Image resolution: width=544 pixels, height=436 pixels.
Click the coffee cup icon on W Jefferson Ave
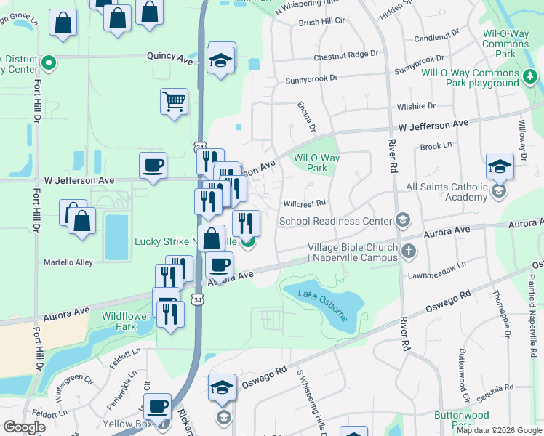point(153,165)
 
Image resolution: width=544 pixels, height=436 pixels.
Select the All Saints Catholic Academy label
point(447,192)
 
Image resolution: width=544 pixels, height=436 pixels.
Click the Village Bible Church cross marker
point(409,252)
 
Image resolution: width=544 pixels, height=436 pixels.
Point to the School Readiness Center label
point(335,221)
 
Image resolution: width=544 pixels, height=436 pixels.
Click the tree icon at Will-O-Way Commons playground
point(531,76)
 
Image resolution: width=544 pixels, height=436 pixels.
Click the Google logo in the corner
point(23,427)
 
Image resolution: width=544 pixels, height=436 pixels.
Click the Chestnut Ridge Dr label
point(346,55)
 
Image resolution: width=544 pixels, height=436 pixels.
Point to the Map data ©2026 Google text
point(497,430)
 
